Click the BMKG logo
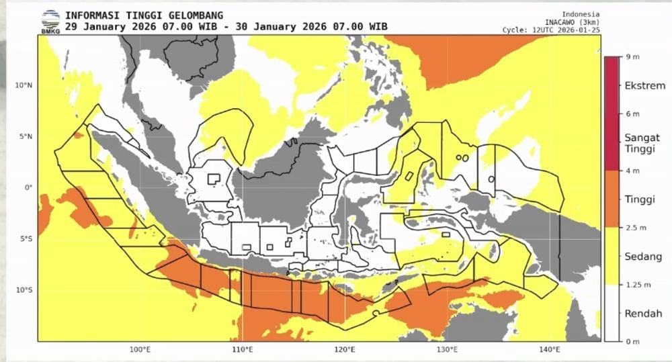coord(50,21)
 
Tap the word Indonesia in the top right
coord(581,14)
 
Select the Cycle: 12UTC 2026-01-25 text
coord(551,30)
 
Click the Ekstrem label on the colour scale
coord(644,86)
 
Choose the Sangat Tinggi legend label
coord(642,143)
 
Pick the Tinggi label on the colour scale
coord(640,199)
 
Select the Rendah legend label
coord(642,313)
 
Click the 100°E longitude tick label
coord(139,350)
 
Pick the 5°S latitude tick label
coord(25,239)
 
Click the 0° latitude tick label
coord(28,187)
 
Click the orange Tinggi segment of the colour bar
coord(612,198)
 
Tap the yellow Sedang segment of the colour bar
coord(612,256)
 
